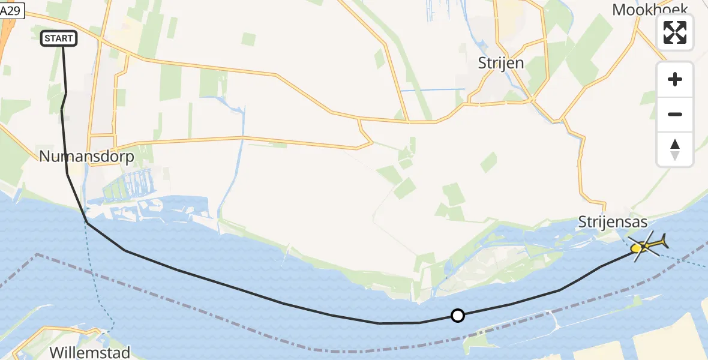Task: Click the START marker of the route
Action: (59, 38)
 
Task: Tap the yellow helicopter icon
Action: (646, 245)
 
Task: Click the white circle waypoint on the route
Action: (458, 316)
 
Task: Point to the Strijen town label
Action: (500, 63)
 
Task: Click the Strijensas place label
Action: (613, 222)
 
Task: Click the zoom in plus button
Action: (675, 79)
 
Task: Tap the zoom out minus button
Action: (675, 114)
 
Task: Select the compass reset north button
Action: (675, 149)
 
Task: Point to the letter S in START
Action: (47, 38)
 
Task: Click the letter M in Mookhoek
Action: (619, 9)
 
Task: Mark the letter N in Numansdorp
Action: (45, 157)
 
